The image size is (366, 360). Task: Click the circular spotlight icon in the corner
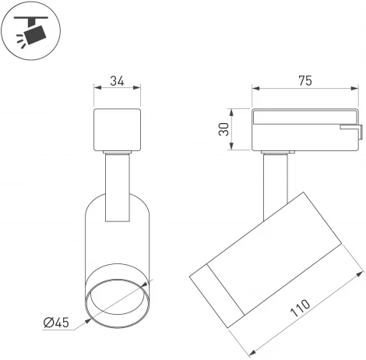coord(30,30)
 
